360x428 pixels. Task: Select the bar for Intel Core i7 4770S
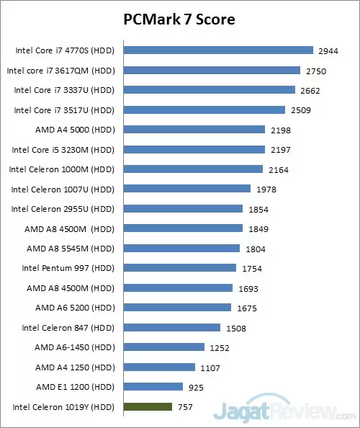tap(218, 50)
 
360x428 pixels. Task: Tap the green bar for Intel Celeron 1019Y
tap(148, 406)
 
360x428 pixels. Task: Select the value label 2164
tap(277, 169)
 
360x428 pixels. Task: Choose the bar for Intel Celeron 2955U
tap(183, 209)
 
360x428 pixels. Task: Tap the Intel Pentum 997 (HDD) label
tap(67, 268)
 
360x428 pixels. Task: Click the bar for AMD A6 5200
tap(177, 308)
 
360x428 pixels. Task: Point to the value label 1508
tap(235, 328)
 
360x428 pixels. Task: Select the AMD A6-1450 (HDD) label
tap(75, 347)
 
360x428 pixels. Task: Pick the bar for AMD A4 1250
tap(159, 367)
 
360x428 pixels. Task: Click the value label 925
tap(196, 387)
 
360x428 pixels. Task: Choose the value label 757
tap(185, 407)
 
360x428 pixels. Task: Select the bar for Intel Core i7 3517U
tap(204, 110)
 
